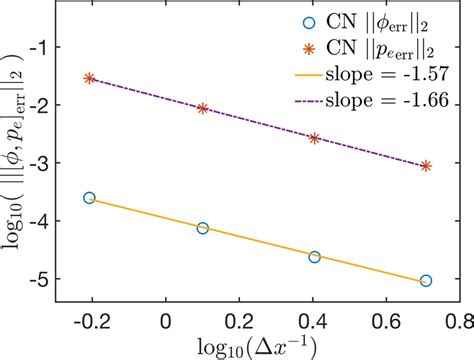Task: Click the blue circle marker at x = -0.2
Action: coord(90,198)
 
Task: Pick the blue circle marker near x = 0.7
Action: coord(426,281)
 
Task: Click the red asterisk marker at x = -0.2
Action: coord(90,78)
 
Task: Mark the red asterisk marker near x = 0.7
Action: coord(426,166)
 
